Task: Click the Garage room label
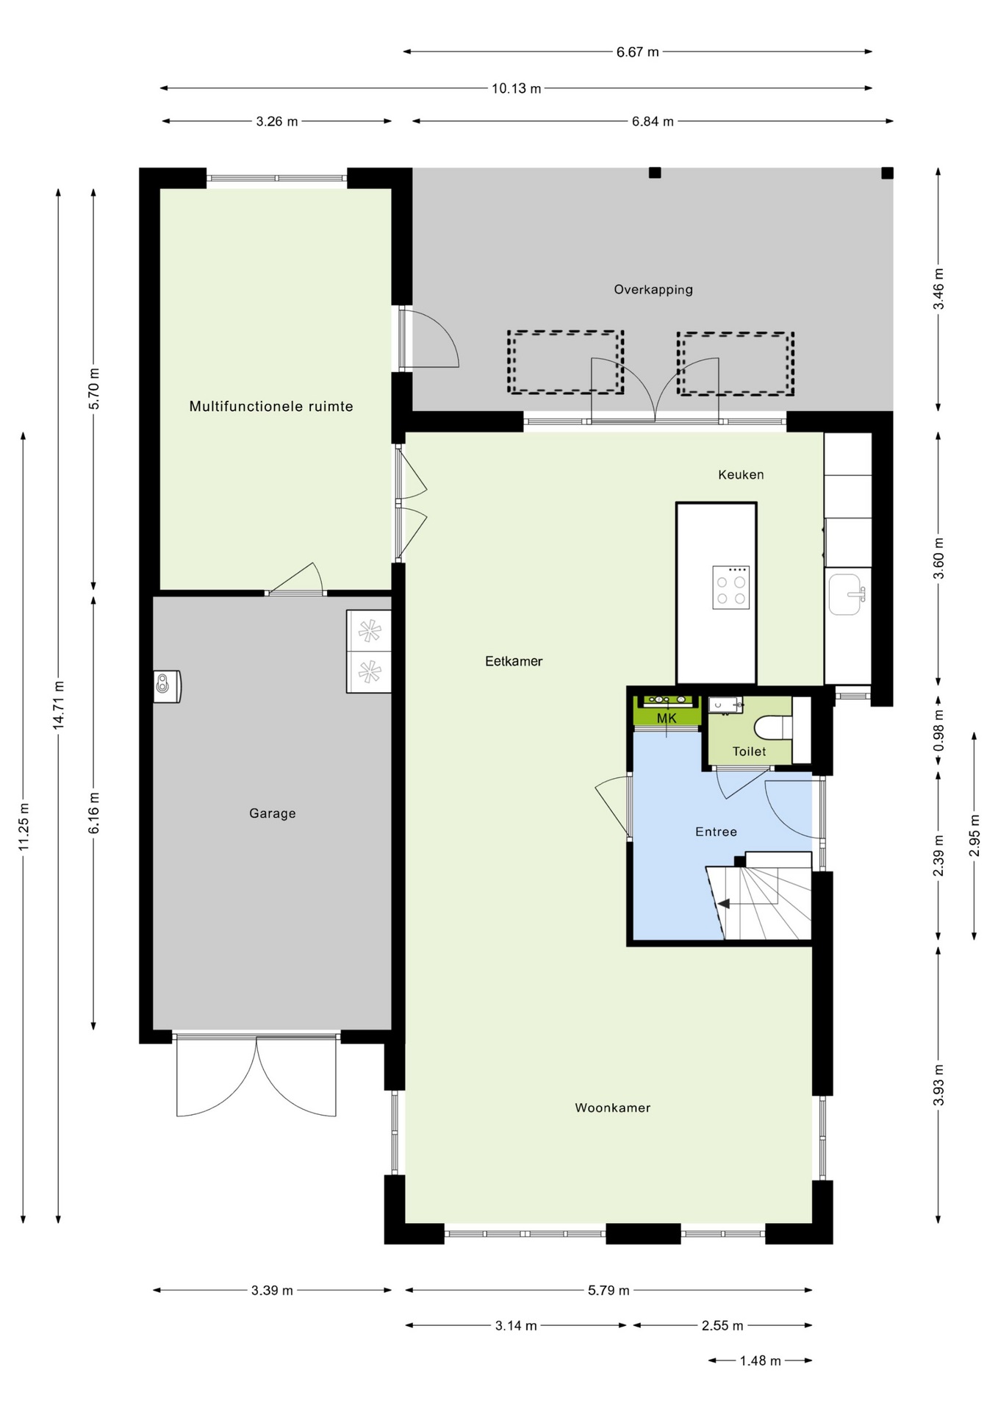(x=272, y=813)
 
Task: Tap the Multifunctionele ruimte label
(x=271, y=406)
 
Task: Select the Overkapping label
(x=653, y=290)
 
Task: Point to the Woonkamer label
(x=612, y=1108)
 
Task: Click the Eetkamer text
(x=514, y=661)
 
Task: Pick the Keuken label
(x=741, y=475)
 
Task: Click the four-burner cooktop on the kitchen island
(x=730, y=588)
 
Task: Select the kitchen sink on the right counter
(x=847, y=595)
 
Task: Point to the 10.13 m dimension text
(x=516, y=88)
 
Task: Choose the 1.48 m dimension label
(x=760, y=1361)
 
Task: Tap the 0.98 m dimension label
(x=938, y=731)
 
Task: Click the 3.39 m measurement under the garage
(x=272, y=1290)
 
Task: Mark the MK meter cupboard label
(x=667, y=719)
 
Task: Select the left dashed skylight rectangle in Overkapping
(x=565, y=362)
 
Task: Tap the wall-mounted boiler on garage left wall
(x=167, y=687)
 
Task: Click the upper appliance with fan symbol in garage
(x=369, y=630)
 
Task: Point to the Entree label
(x=716, y=832)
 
